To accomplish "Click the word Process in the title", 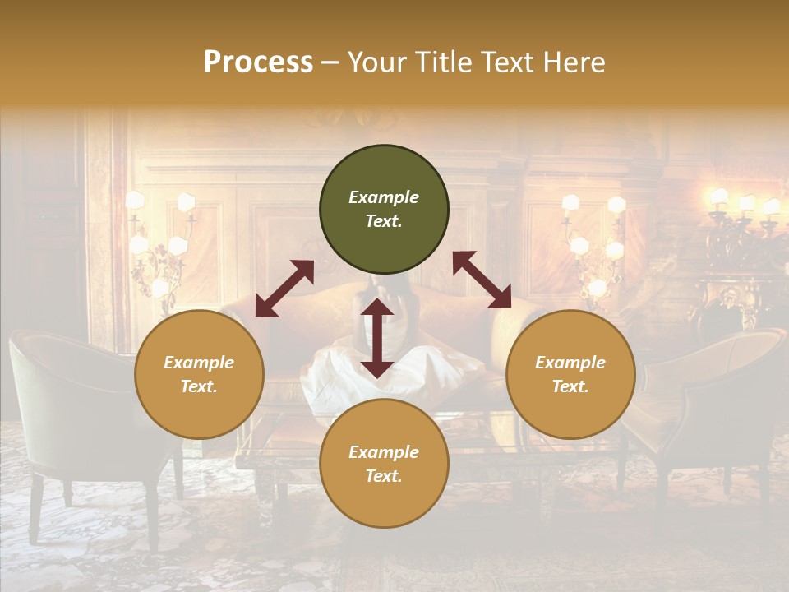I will (258, 62).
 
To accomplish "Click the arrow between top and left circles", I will (284, 289).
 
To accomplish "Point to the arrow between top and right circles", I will (482, 280).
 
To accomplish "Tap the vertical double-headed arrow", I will (377, 338).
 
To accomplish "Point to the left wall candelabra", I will (160, 243).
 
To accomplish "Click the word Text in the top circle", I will (383, 221).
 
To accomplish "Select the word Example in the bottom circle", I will (384, 452).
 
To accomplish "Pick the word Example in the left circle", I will (199, 363).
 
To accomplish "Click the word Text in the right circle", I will (570, 386).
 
